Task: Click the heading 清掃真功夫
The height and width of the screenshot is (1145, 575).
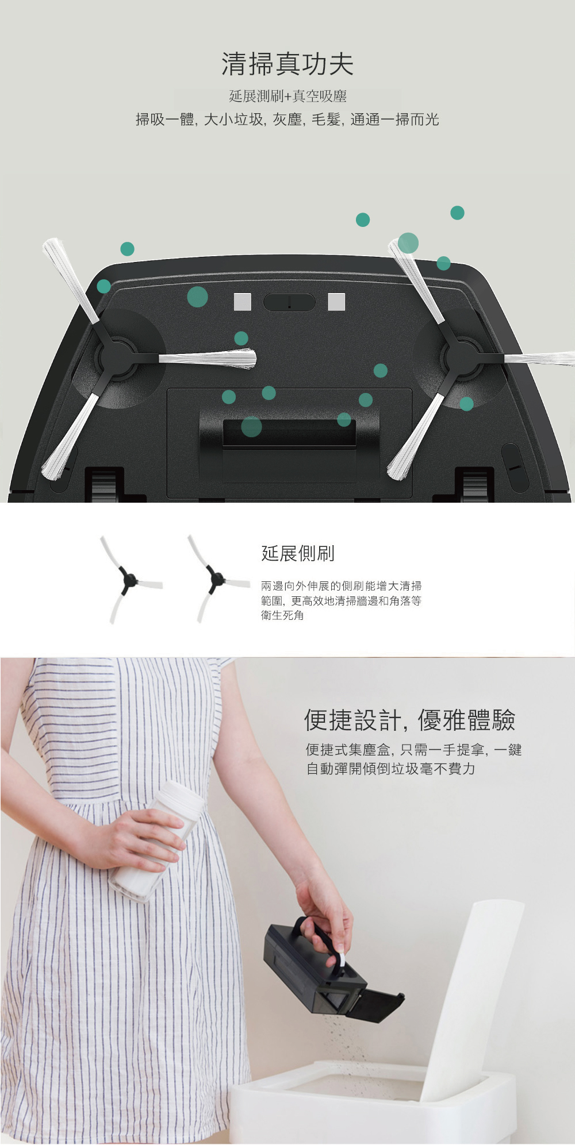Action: click(x=287, y=64)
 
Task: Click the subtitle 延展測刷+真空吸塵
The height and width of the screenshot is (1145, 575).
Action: click(x=287, y=97)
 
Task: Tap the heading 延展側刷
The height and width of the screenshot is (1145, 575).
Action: click(x=298, y=553)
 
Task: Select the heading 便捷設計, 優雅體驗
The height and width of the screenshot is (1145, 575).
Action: click(x=409, y=720)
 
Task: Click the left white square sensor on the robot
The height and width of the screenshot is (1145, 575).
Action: click(x=243, y=302)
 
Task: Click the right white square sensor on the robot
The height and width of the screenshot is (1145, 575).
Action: click(x=336, y=302)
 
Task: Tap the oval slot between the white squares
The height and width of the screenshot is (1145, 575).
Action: click(x=289, y=302)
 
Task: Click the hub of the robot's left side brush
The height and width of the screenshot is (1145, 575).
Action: click(x=118, y=358)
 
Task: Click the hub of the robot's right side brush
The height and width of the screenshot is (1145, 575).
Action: click(x=462, y=358)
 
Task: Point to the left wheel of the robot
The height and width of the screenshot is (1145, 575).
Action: click(x=104, y=485)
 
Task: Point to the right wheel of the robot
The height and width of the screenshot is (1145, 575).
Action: click(x=474, y=485)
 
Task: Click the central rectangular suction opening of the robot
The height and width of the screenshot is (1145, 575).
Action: click(x=289, y=431)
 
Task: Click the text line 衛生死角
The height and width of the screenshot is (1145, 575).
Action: click(x=282, y=615)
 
